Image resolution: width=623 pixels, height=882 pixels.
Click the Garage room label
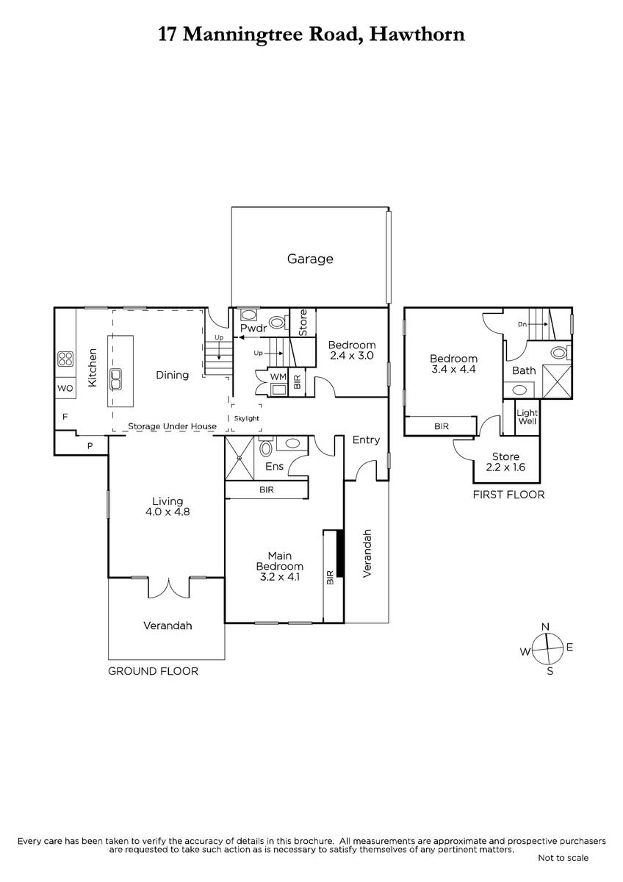click(310, 259)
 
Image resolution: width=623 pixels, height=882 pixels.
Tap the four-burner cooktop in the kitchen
click(65, 359)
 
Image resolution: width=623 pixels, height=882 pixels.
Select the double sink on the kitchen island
click(115, 379)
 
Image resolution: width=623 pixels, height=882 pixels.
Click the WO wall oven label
click(65, 388)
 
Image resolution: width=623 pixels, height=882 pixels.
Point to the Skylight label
click(246, 418)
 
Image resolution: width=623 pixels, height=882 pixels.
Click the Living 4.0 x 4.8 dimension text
click(168, 512)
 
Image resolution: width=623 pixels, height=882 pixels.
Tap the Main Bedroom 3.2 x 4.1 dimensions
click(279, 577)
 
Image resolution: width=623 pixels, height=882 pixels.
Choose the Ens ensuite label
click(274, 466)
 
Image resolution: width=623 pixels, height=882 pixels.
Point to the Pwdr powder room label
click(254, 328)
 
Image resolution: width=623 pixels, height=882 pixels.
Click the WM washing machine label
click(278, 376)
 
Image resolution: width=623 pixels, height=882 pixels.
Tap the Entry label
click(366, 440)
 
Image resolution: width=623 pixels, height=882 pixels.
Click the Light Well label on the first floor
click(527, 417)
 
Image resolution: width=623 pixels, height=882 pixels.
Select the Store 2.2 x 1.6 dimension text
click(505, 467)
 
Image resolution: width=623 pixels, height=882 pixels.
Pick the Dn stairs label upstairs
click(522, 324)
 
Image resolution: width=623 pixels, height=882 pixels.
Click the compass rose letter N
click(545, 627)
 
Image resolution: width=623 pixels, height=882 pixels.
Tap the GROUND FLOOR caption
click(153, 671)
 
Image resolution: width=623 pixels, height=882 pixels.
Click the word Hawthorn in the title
click(417, 35)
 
